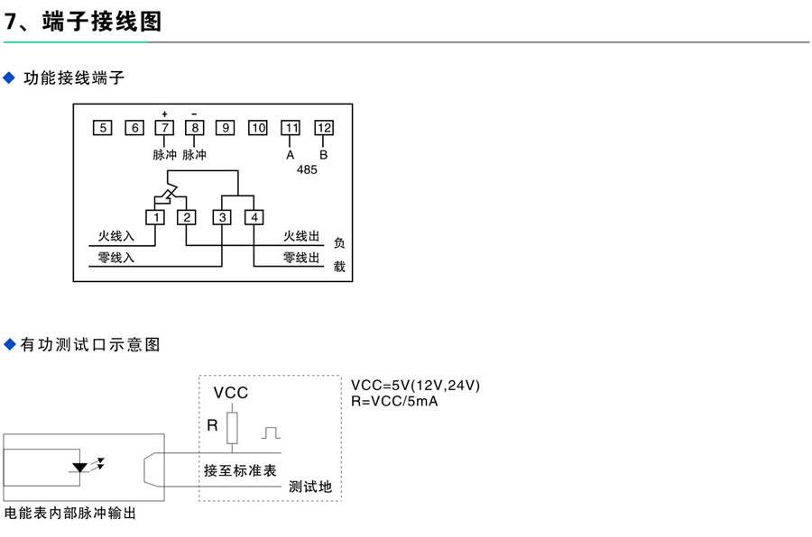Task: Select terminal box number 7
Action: (163, 128)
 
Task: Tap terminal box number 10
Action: (258, 128)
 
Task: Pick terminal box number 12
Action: (324, 128)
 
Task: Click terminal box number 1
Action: (156, 217)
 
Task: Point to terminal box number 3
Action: (222, 217)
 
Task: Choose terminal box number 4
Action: (255, 217)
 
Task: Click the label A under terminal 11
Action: (291, 154)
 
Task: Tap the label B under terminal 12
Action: (324, 154)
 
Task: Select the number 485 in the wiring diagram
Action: (307, 169)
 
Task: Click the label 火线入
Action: (116, 236)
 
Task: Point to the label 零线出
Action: (301, 258)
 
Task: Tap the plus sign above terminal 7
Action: (164, 114)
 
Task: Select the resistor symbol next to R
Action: (232, 426)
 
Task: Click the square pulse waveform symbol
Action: (271, 433)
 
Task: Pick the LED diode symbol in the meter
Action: (81, 468)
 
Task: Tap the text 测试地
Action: (310, 487)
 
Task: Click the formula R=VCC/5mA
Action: (394, 401)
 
